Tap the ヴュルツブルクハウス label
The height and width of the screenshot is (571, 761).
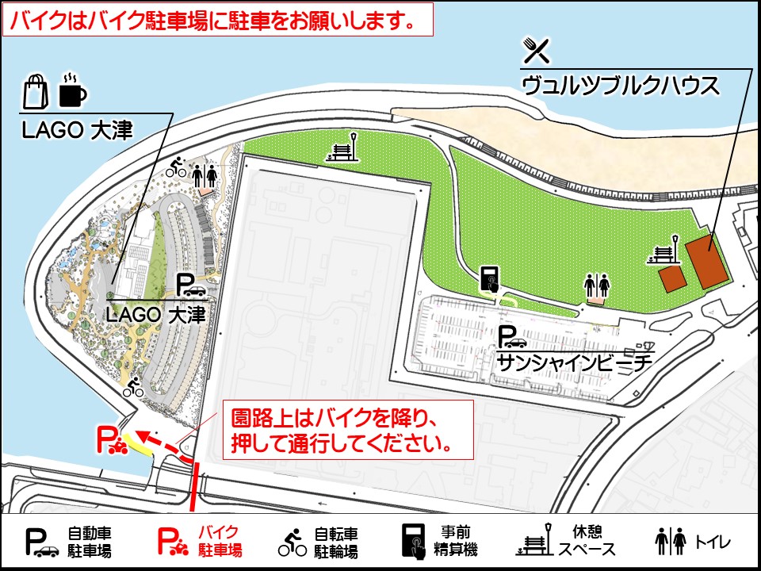(x=621, y=85)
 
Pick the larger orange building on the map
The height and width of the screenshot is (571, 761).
(x=707, y=261)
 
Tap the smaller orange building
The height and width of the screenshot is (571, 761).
(x=671, y=278)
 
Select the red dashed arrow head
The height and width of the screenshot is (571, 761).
(x=137, y=434)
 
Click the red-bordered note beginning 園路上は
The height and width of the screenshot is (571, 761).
(x=347, y=429)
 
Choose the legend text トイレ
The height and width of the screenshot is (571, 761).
(x=713, y=542)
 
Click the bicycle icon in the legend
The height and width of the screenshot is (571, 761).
(x=292, y=542)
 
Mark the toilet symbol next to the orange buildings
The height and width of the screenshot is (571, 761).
(x=596, y=283)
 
